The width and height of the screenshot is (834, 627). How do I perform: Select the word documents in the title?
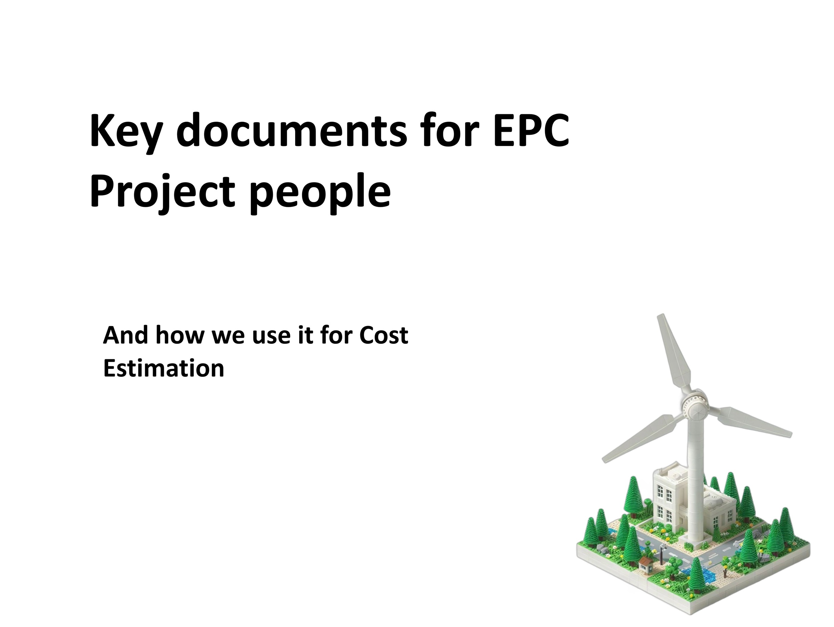(x=291, y=130)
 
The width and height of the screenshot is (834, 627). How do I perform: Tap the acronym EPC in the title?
(x=531, y=130)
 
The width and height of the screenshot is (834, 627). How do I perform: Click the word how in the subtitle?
(x=179, y=335)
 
